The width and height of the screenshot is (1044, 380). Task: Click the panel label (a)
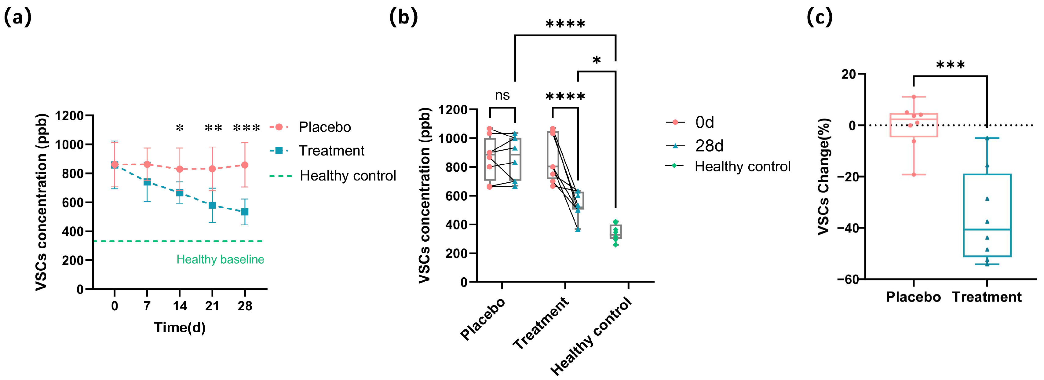point(17,17)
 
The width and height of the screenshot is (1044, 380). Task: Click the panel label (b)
point(403,17)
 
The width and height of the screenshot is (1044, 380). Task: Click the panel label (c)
point(820,17)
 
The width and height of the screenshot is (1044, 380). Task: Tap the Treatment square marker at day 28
point(245,212)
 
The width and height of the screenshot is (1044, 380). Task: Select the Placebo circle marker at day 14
point(180,169)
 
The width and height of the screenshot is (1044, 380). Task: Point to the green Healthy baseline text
point(220,259)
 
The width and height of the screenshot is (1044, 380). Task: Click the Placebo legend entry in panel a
point(324,127)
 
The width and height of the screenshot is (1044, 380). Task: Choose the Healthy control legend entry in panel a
point(347,176)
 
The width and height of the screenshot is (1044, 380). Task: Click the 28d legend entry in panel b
point(709,146)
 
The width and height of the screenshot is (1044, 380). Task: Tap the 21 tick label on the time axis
point(212,306)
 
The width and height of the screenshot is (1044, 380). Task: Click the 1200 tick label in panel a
point(69,116)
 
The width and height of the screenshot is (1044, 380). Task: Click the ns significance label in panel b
point(502,95)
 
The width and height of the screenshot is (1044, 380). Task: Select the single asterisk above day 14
point(180,128)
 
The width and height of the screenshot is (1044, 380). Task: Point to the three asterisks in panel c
point(950,65)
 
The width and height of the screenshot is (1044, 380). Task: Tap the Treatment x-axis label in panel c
point(987,297)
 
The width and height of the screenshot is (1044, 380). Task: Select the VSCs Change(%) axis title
point(824,176)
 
